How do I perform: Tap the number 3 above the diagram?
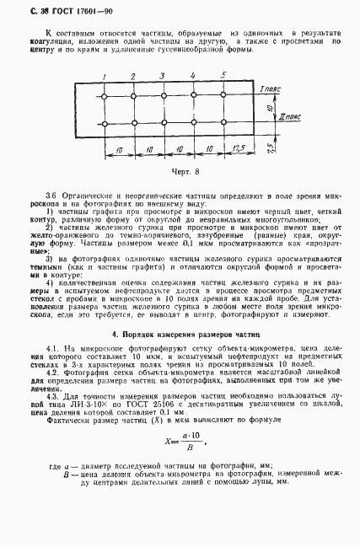(x=163, y=76)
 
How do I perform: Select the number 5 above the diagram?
(x=224, y=75)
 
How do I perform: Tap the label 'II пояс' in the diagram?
(x=277, y=120)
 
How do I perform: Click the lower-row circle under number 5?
(x=223, y=126)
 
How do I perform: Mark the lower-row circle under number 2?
(x=134, y=126)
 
